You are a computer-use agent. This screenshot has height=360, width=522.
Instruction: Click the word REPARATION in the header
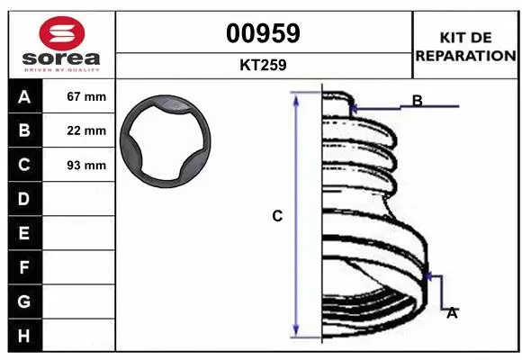464,55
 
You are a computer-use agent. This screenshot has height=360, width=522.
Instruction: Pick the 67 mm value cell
86,96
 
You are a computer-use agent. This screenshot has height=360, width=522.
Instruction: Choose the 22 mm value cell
86,130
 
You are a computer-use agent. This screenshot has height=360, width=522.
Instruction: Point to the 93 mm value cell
86,165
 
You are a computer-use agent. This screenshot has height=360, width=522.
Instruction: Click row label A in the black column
24,96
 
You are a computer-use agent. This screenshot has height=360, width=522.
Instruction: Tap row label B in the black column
24,130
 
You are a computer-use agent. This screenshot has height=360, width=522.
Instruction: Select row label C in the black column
24,165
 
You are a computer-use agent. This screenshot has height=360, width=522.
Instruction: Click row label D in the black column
24,199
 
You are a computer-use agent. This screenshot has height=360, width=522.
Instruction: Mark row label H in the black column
24,336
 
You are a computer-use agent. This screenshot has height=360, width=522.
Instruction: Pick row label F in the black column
24,267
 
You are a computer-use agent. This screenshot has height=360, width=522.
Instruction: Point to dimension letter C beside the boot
277,216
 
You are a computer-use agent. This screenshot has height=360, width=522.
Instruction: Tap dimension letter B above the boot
418,100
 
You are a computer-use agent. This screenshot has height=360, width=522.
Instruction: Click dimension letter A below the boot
453,312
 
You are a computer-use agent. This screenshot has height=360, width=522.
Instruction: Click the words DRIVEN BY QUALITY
63,67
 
